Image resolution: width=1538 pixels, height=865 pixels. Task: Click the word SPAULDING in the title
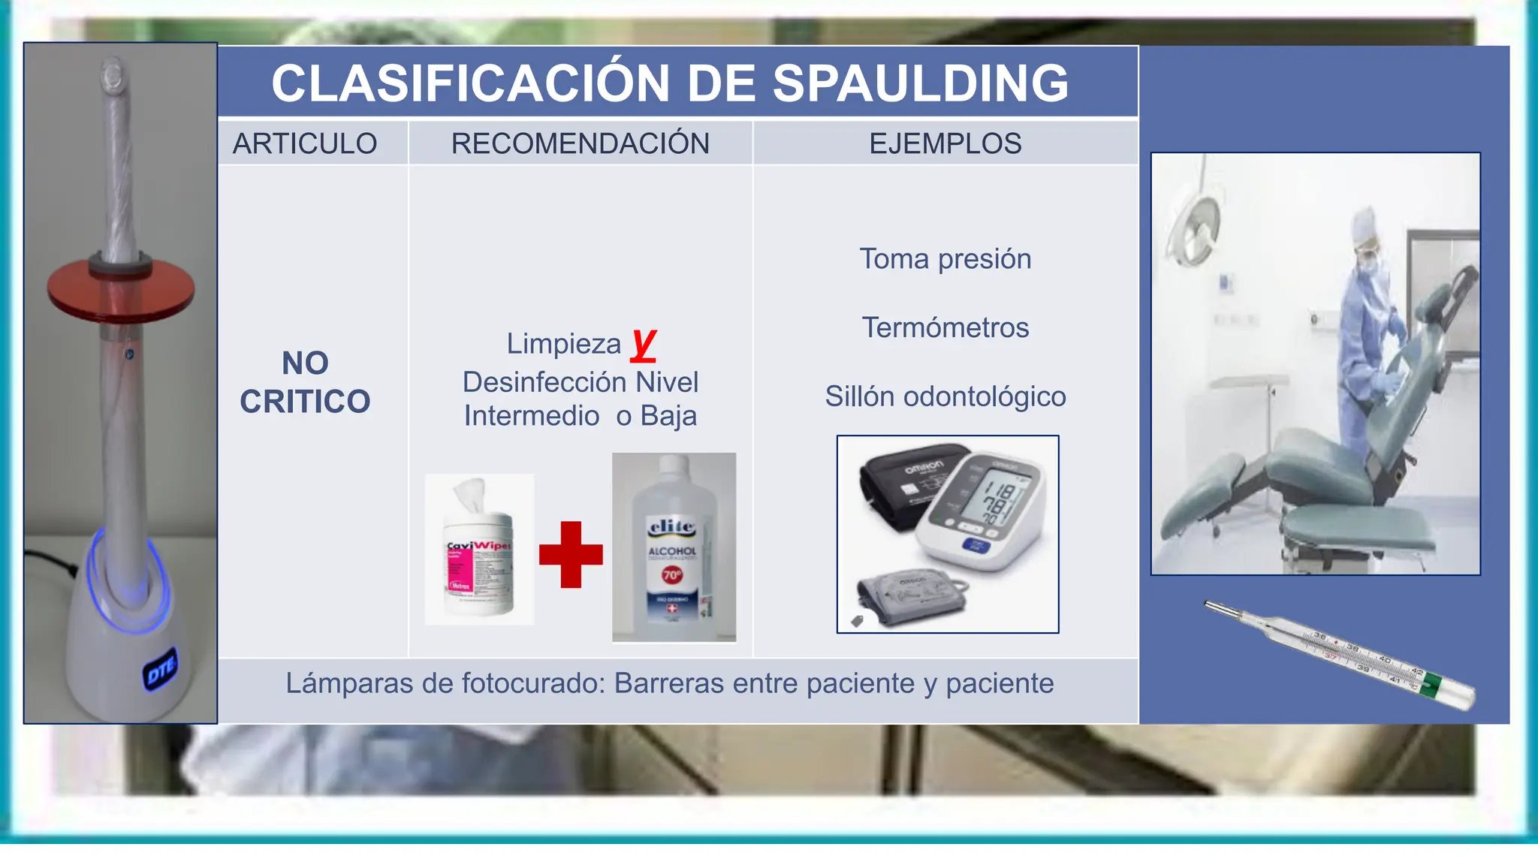(x=920, y=83)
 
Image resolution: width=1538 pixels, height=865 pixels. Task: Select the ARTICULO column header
(x=305, y=143)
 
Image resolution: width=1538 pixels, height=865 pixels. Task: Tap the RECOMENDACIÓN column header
(x=580, y=143)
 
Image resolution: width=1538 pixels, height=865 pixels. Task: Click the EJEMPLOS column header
(x=945, y=143)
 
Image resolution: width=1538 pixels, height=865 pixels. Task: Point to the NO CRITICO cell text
(x=305, y=382)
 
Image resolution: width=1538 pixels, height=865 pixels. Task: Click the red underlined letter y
(x=644, y=344)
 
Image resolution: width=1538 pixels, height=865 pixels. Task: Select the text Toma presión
(x=945, y=259)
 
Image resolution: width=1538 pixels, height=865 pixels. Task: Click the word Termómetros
(x=945, y=328)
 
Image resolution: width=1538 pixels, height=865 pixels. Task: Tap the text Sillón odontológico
(x=945, y=396)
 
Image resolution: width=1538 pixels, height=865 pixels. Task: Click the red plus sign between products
(x=571, y=554)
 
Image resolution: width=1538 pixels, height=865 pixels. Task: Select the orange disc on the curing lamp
(x=120, y=289)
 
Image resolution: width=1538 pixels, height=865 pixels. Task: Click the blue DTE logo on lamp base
(x=161, y=669)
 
